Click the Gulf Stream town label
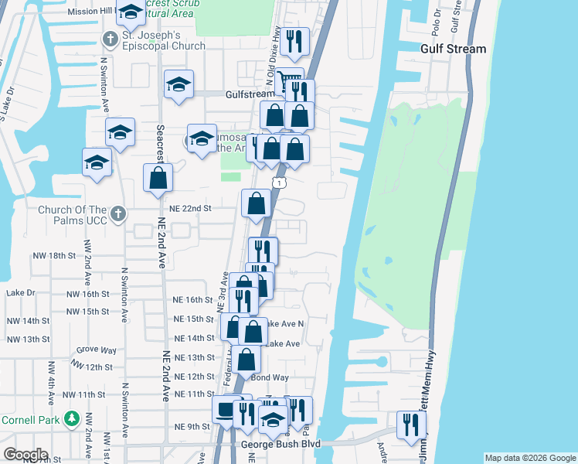pyautogui.click(x=453, y=49)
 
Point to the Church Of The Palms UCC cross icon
pyautogui.click(x=117, y=213)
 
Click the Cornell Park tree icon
pyautogui.click(x=72, y=418)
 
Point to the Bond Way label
pyautogui.click(x=270, y=377)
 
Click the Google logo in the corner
pyautogui.click(x=25, y=455)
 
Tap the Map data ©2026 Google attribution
pyautogui.click(x=529, y=458)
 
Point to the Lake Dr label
pyautogui.click(x=21, y=293)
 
